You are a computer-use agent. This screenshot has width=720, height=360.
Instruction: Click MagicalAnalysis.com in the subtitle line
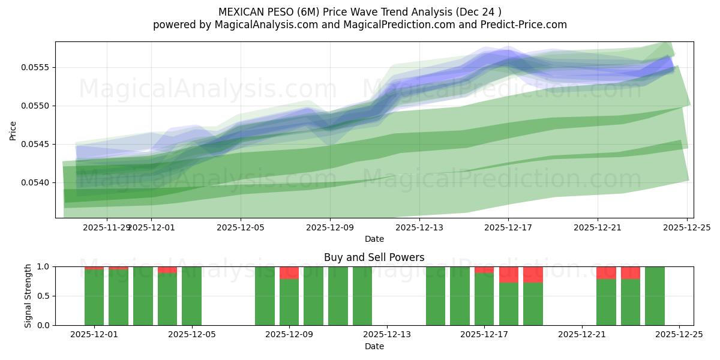pos(259,25)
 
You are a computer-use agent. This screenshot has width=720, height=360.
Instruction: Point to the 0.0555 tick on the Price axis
pos(37,67)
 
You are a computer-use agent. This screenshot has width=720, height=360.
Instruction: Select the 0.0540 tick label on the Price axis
pos(37,182)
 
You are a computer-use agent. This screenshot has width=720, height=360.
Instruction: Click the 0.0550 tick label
pos(37,106)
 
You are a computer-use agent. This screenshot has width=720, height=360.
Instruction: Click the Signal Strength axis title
pos(28,296)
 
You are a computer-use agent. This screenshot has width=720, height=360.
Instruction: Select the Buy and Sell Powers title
pos(374,257)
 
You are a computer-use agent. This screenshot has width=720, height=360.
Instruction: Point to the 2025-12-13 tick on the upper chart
pos(419,227)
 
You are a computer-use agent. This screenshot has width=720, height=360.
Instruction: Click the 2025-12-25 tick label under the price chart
pos(686,227)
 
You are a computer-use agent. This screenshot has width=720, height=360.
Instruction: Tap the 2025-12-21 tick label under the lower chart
pos(581,335)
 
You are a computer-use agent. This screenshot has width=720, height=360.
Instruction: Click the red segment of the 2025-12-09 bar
pos(289,273)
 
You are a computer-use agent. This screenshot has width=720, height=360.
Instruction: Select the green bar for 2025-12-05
pos(191,296)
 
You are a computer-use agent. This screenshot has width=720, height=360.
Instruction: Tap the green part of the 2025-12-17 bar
pos(484,299)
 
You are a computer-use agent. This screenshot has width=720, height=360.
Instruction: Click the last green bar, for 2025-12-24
pos(655,296)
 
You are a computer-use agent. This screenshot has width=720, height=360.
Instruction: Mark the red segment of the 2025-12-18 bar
pos(533,275)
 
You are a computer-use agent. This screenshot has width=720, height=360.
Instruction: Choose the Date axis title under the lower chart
pos(374,346)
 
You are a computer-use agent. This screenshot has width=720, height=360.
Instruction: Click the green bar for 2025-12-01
pos(94,297)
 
